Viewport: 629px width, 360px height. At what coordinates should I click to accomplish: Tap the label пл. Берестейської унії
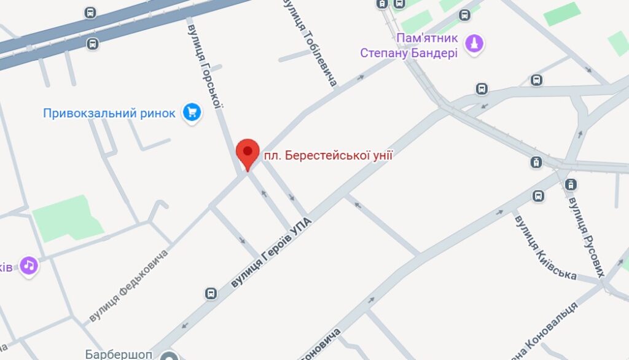(328, 156)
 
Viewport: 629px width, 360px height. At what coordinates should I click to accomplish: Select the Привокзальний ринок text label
(109, 113)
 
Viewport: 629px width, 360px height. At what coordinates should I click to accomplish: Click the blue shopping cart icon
(192, 112)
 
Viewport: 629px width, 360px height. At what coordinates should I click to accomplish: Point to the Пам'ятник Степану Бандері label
(409, 45)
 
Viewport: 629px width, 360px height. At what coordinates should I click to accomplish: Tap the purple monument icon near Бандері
(474, 43)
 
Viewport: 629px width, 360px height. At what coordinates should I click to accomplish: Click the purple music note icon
(28, 265)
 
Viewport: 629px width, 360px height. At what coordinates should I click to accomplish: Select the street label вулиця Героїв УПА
(272, 252)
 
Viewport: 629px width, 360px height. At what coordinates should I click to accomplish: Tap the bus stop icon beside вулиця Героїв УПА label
(211, 293)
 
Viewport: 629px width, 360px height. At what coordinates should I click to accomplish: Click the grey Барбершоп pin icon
(168, 356)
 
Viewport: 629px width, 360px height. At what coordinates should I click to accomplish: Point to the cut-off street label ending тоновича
(319, 345)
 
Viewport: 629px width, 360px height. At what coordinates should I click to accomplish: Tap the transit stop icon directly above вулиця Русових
(571, 184)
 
